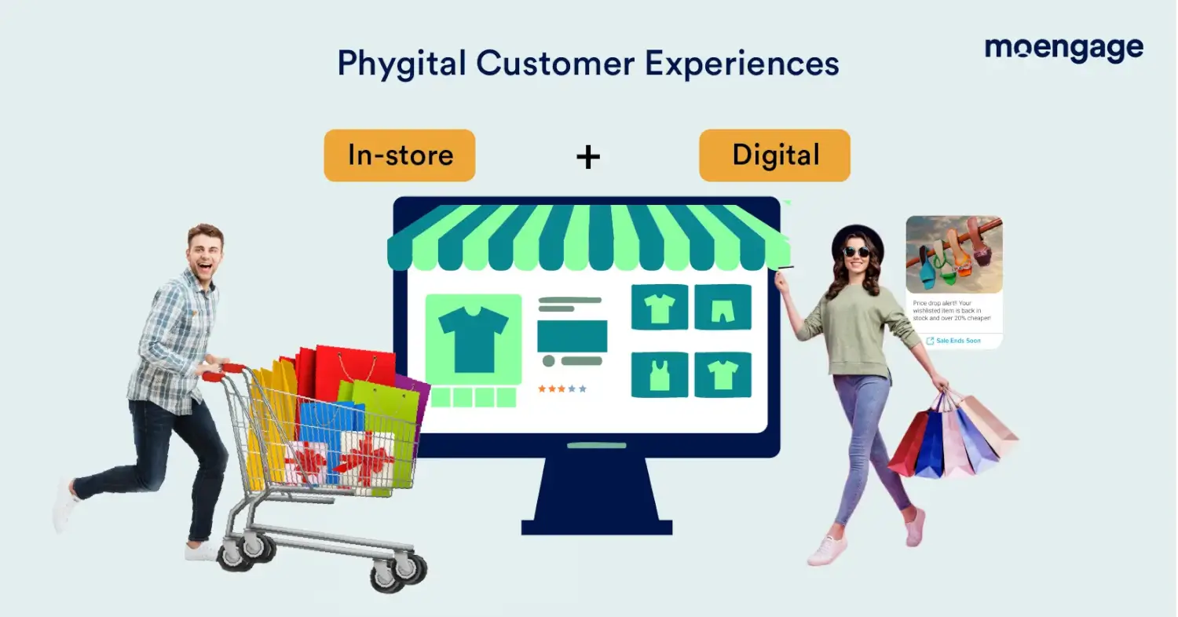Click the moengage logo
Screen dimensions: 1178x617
(x=1064, y=49)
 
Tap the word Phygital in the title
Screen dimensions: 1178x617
(x=401, y=64)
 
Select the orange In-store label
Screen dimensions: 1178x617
(x=400, y=155)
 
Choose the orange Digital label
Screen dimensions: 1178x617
(x=774, y=155)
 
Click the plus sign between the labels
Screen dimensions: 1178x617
(x=588, y=157)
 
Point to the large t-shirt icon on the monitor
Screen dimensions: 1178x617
(x=474, y=339)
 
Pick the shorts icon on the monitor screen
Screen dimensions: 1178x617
(x=723, y=307)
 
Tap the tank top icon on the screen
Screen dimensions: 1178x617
(x=660, y=374)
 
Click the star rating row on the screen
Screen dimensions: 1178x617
(x=562, y=389)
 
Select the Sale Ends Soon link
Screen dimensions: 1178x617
(x=953, y=341)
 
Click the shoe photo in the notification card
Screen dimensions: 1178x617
(x=954, y=254)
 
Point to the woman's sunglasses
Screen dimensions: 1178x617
(x=856, y=252)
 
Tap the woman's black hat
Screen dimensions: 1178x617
(x=858, y=239)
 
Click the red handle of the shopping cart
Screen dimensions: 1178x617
(x=224, y=372)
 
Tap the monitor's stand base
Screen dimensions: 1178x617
(x=596, y=528)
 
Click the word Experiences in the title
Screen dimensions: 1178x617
(x=741, y=64)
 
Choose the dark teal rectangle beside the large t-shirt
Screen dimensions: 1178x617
(x=573, y=336)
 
